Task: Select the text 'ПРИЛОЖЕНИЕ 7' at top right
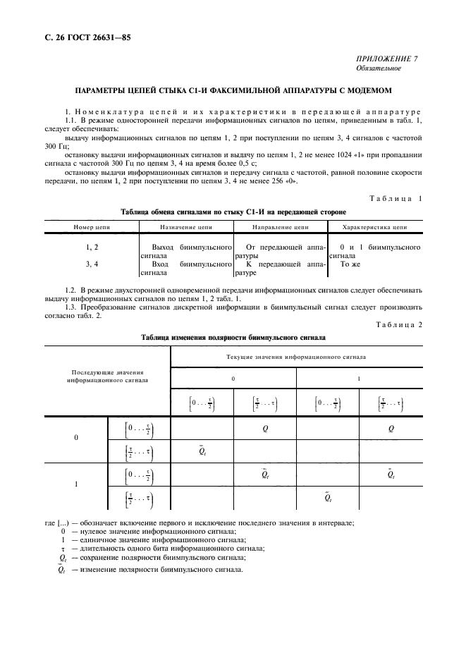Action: click(386, 59)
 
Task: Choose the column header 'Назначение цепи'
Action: click(186, 228)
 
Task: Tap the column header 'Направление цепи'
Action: click(280, 228)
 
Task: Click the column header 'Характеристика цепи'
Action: click(374, 228)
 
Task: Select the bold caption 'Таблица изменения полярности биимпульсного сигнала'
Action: click(233, 338)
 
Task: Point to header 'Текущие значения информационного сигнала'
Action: click(295, 357)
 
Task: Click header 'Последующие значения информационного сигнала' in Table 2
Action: click(107, 376)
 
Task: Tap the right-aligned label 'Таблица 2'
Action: click(400, 324)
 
